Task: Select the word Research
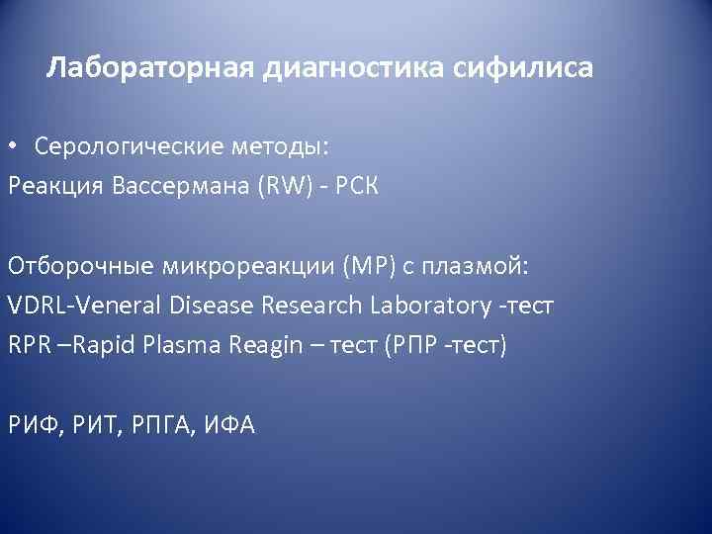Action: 314,306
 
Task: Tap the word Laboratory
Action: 432,306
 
